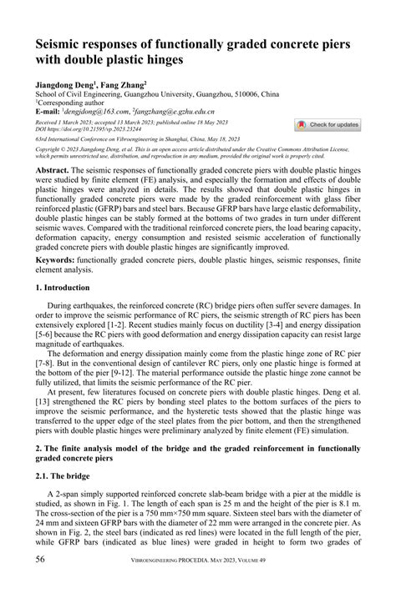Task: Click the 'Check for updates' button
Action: [x=327, y=124]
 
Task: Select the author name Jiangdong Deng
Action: [x=63, y=84]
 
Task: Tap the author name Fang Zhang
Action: [x=124, y=84]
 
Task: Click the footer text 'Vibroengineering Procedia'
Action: [x=182, y=558]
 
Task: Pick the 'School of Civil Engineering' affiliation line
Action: [x=156, y=94]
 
